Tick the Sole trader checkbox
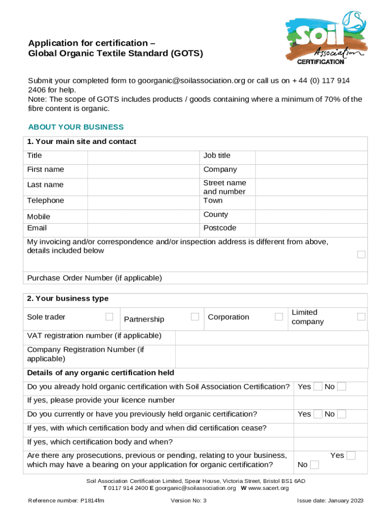(x=109, y=317)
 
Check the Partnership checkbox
(x=194, y=317)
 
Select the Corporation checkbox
(x=278, y=317)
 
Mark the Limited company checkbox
(x=361, y=317)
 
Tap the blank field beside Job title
(x=311, y=156)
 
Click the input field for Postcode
(x=311, y=228)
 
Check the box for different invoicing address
(x=361, y=254)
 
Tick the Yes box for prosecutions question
(x=351, y=456)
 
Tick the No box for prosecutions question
(x=315, y=465)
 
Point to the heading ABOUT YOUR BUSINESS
(x=76, y=127)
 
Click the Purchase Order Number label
(x=94, y=278)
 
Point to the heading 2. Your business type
(x=68, y=299)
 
